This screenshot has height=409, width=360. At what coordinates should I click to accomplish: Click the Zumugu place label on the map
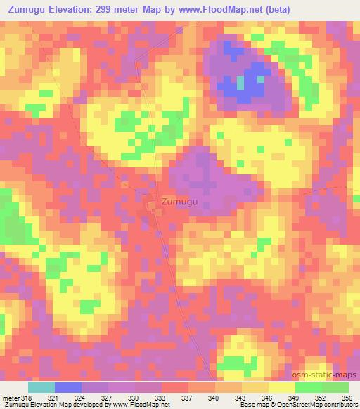(x=180, y=202)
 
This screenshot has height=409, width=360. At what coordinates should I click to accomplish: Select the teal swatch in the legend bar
(x=41, y=387)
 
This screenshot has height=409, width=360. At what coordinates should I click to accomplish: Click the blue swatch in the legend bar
(x=67, y=387)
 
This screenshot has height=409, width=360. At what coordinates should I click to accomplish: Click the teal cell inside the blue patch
(x=241, y=83)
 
